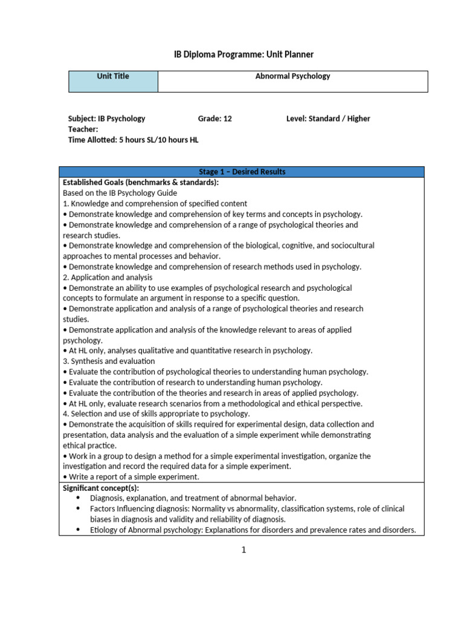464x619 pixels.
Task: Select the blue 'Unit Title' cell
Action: click(x=113, y=81)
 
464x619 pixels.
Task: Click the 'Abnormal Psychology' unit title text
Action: click(x=292, y=77)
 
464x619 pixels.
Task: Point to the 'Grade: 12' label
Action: click(x=214, y=118)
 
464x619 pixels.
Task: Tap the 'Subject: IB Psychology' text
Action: click(x=106, y=118)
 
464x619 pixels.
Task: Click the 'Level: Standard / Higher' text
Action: click(x=327, y=118)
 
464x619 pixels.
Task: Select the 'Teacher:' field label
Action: click(x=83, y=129)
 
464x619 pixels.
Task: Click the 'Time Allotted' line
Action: click(x=133, y=140)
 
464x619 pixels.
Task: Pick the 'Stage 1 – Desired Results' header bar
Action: click(x=242, y=172)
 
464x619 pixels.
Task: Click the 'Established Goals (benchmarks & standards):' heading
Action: click(x=141, y=183)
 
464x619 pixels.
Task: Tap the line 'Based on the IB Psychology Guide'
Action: click(x=120, y=193)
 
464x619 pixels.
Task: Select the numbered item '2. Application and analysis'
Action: click(x=108, y=277)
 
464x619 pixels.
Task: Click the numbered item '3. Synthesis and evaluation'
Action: click(x=109, y=361)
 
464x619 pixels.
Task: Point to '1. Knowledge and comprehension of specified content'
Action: click(x=155, y=204)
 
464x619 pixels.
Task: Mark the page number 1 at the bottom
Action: click(x=242, y=549)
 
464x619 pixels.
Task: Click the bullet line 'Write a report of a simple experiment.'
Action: click(x=130, y=477)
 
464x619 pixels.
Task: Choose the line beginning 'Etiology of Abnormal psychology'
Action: click(x=253, y=530)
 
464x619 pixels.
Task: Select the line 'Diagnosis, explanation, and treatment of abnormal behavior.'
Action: click(x=193, y=498)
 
